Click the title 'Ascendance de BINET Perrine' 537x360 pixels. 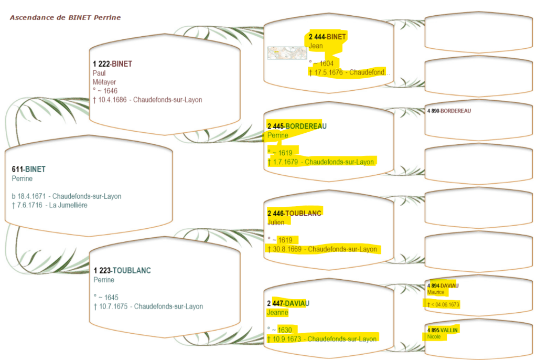65,17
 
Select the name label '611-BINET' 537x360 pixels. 28,169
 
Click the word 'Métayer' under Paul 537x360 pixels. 104,82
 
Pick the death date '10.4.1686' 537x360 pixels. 113,100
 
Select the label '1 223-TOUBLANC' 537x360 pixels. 122,270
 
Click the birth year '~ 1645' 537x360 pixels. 108,298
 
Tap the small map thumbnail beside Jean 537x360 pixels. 287,52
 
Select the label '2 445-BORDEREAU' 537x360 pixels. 296,126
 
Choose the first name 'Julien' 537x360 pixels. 276,222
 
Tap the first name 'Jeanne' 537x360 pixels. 277,312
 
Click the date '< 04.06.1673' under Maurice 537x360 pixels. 445,304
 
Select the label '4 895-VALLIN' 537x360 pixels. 443,330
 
